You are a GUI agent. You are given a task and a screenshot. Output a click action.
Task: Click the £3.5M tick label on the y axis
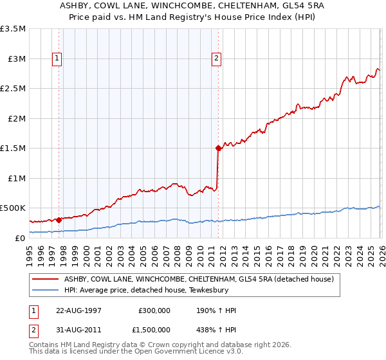(13, 29)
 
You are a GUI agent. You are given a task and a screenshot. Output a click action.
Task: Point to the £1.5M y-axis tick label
(13, 148)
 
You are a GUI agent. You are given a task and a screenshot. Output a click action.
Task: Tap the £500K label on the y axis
(13, 208)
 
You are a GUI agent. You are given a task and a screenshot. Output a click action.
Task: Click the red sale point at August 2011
(218, 148)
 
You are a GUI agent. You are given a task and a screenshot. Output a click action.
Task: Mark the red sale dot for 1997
(59, 220)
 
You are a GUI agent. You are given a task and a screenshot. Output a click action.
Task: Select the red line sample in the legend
(46, 280)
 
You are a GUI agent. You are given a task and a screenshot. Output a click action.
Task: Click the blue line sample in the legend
(46, 291)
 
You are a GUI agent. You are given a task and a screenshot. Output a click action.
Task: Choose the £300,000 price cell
(154, 310)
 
